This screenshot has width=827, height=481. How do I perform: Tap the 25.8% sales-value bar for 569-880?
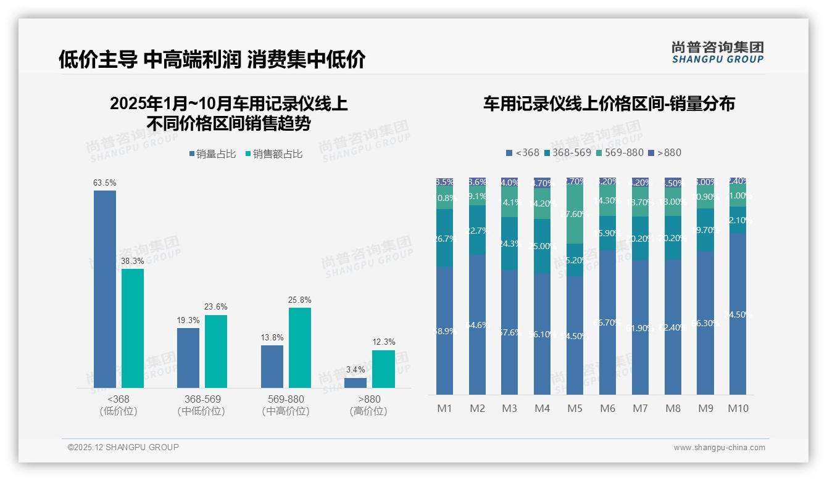point(300,348)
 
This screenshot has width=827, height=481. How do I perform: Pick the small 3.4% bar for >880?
point(355,383)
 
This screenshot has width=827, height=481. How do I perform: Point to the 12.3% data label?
point(384,342)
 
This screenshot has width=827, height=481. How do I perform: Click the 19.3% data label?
point(188,320)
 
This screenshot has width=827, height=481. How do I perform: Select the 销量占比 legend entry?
point(212,154)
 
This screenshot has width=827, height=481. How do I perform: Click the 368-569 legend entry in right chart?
point(567,152)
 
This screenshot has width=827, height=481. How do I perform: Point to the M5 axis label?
point(575,408)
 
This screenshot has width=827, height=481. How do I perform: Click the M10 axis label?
point(738,408)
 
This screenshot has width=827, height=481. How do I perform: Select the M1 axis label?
point(445,408)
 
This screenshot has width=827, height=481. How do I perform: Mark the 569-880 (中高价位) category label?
point(286,405)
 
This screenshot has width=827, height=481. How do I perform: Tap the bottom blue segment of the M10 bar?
point(738,314)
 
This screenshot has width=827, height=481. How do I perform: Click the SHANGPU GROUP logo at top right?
point(717,52)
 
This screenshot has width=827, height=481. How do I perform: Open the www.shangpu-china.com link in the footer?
point(719,448)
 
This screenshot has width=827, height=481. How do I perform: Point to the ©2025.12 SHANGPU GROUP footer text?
point(123,447)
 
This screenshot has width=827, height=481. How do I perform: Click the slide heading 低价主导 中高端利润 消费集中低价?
point(212,59)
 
